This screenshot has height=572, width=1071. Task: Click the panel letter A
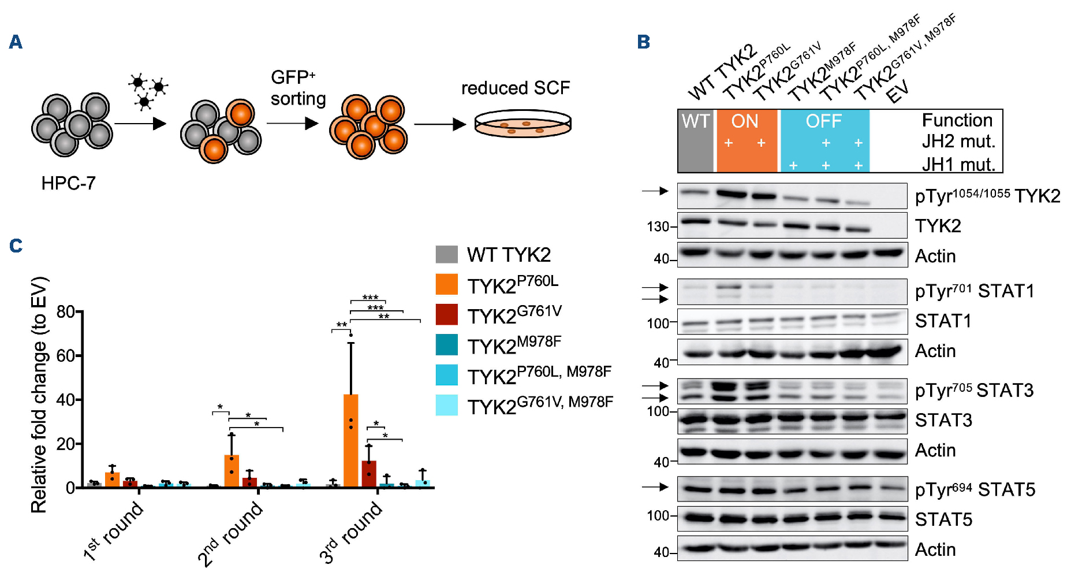[x=16, y=42]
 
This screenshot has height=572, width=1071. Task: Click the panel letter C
[x=16, y=246]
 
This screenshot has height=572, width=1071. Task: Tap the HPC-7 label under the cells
[x=68, y=183]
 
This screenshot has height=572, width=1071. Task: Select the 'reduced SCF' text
[x=515, y=88]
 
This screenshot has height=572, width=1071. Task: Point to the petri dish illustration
[x=523, y=125]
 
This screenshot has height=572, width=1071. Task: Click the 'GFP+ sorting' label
[x=298, y=88]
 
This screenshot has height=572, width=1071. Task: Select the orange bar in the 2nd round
[x=232, y=471]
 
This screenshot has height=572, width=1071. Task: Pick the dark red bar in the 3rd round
[x=368, y=474]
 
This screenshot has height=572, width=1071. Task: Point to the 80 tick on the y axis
[x=66, y=312]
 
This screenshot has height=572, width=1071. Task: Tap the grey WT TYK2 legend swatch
[x=446, y=254]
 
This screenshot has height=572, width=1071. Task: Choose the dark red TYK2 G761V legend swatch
[x=446, y=315]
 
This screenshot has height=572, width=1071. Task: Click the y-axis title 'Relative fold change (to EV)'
[x=39, y=395]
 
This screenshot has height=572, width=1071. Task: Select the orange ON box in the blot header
[x=746, y=140]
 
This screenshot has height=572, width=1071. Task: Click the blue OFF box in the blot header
[x=824, y=140]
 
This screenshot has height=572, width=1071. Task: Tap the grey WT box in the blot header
[x=695, y=140]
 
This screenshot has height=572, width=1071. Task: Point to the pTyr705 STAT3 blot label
[x=974, y=391]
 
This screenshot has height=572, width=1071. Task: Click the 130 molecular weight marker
[x=658, y=226]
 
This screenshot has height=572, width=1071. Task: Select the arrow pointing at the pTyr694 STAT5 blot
[x=655, y=487]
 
